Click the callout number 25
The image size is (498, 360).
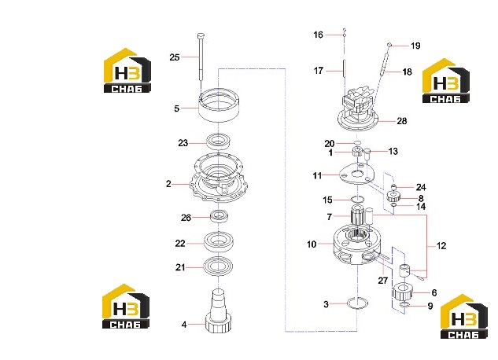(175, 57)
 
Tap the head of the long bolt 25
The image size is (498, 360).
(201, 35)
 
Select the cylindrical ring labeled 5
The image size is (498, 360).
(219, 105)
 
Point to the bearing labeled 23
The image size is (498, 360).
(219, 141)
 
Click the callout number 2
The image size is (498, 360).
(168, 184)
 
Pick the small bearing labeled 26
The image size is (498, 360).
(219, 216)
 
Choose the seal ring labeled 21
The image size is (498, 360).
(219, 266)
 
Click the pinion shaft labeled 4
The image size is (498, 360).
(219, 310)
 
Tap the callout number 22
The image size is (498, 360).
(180, 244)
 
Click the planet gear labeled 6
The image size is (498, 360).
(404, 291)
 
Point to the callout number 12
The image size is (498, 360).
(441, 245)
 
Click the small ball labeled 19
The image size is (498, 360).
(389, 45)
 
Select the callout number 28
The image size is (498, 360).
(402, 121)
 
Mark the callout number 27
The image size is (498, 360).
(382, 281)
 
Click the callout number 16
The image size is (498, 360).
(318, 35)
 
